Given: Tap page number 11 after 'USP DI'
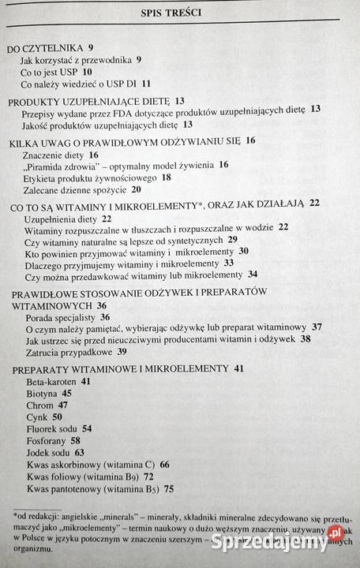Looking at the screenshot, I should pyautogui.click(x=146, y=83).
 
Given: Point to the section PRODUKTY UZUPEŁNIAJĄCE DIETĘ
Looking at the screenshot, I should pyautogui.click(x=89, y=101).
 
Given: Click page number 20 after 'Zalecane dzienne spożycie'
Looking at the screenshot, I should pyautogui.click(x=137, y=189).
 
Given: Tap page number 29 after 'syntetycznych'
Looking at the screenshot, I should pyautogui.click(x=232, y=239).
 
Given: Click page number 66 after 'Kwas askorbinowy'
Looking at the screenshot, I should pyautogui.click(x=164, y=465).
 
